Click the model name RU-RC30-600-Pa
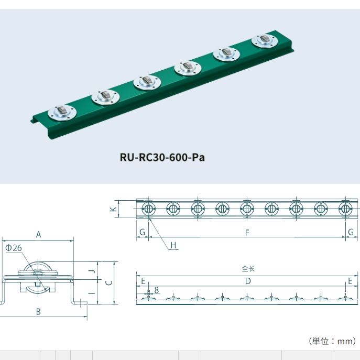(161, 157)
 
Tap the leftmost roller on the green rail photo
(62, 112)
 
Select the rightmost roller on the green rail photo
(264, 40)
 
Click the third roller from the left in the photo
(146, 82)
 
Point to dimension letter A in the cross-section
(38, 235)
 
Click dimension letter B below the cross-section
(38, 311)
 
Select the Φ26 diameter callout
(13, 248)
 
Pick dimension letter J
(91, 271)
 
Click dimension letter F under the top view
(247, 233)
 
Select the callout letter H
(173, 245)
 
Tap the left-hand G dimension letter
(142, 233)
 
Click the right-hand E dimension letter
(350, 281)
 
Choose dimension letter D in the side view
(248, 281)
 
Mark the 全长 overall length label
(248, 268)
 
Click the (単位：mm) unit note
(332, 341)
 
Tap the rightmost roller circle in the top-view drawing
(345, 209)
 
